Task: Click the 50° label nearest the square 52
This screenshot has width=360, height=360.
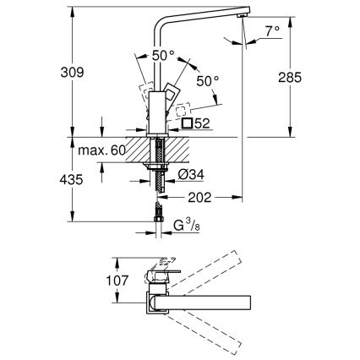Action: click(x=206, y=81)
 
